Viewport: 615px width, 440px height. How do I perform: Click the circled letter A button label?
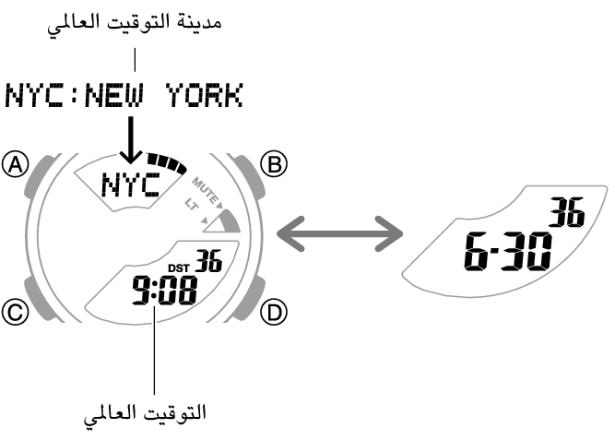pos(16,165)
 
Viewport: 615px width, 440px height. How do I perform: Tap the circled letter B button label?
pos(275,165)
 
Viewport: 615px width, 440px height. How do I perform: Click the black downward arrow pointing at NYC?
pos(131,137)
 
